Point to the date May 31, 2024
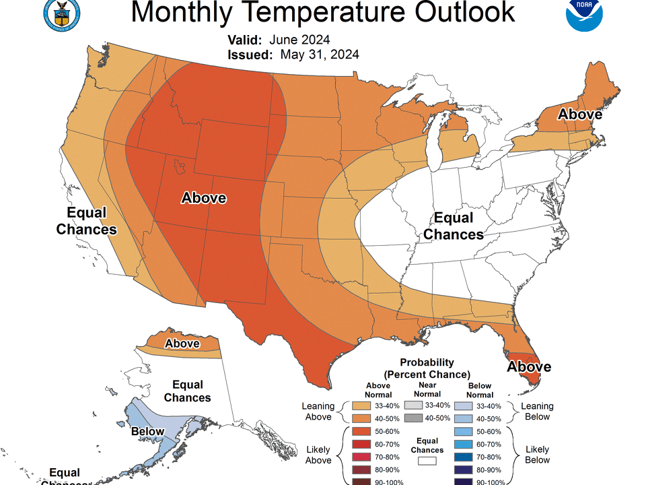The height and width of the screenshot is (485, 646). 319,55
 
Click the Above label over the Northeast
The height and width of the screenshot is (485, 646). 579,115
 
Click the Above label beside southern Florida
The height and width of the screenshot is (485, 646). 529,366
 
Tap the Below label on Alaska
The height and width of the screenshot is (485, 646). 147,430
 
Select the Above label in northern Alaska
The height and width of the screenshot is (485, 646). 182,344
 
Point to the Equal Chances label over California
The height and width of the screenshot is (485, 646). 86,221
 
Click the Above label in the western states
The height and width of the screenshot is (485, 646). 204,198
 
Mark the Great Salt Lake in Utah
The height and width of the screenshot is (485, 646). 179,165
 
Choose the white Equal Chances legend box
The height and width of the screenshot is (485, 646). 427,461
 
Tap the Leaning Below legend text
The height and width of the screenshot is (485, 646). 536,411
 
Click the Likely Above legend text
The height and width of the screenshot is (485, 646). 318,454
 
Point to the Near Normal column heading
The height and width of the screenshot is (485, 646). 427,389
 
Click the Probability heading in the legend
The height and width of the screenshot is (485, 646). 427,362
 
